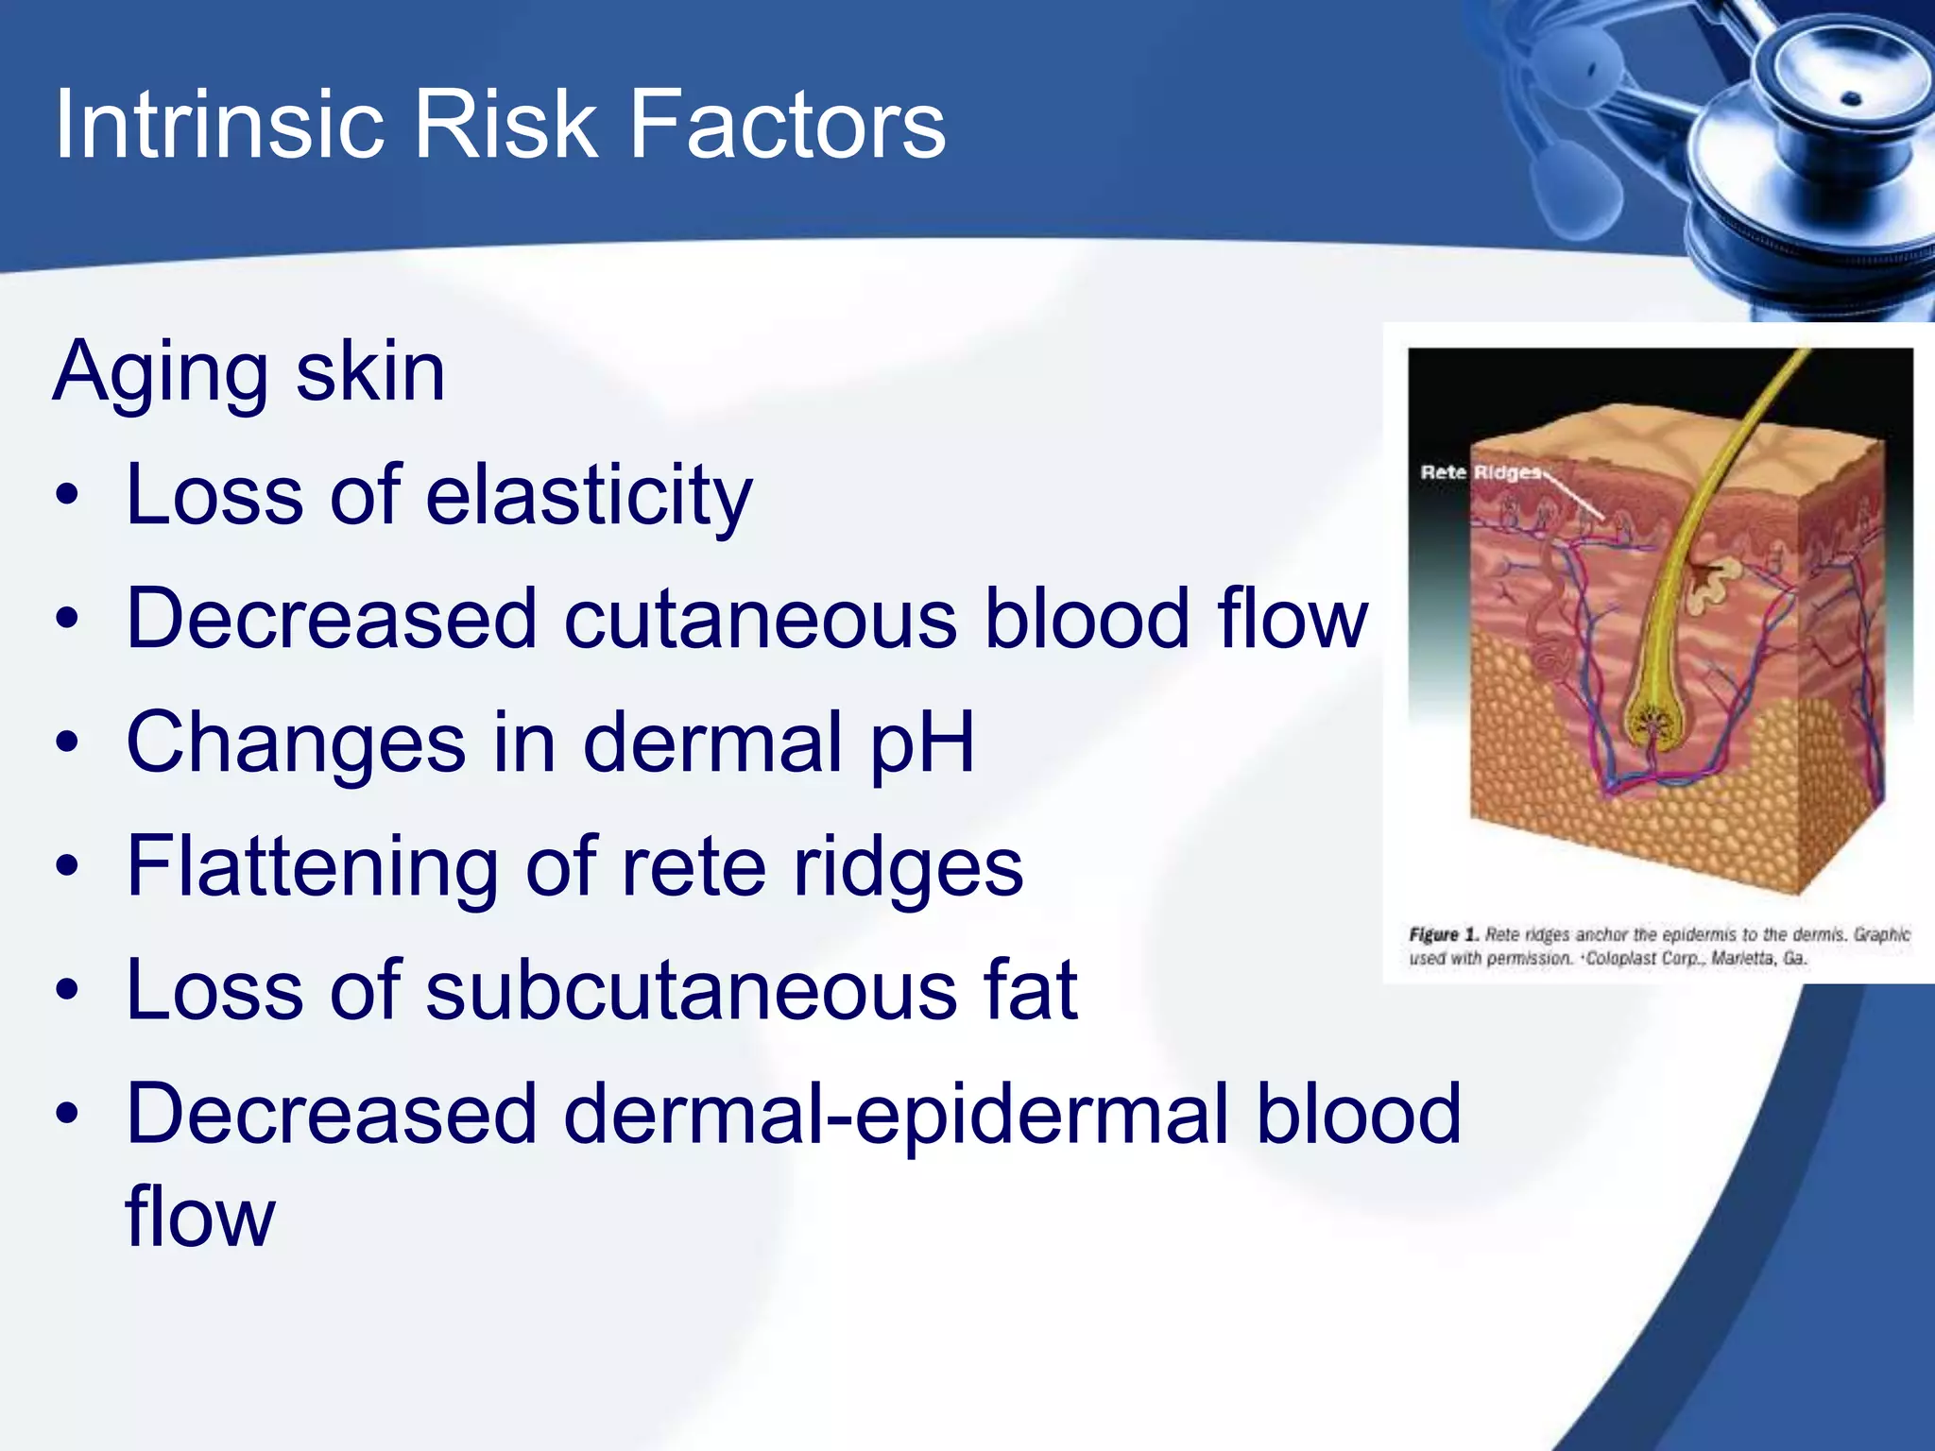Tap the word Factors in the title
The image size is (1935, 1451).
pos(786,124)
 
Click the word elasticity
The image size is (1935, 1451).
pos(589,495)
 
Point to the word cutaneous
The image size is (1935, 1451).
pos(761,619)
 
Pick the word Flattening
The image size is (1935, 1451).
pos(312,867)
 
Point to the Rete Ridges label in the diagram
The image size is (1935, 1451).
pos(1480,471)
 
